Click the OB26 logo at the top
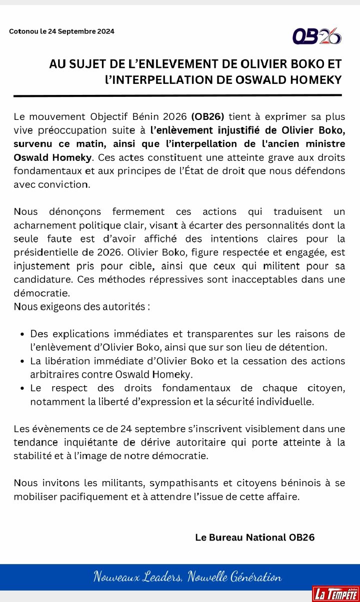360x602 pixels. (317, 35)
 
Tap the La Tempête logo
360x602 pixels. (335, 594)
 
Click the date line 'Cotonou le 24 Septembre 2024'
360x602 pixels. (61, 31)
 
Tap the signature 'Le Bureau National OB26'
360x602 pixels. (255, 538)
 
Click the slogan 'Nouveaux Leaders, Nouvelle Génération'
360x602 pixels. (187, 578)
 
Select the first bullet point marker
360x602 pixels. (21, 334)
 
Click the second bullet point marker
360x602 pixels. (21, 361)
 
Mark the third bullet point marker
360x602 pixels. (21, 389)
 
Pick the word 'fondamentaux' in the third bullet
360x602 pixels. (195, 388)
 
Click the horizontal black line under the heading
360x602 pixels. (177, 95)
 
